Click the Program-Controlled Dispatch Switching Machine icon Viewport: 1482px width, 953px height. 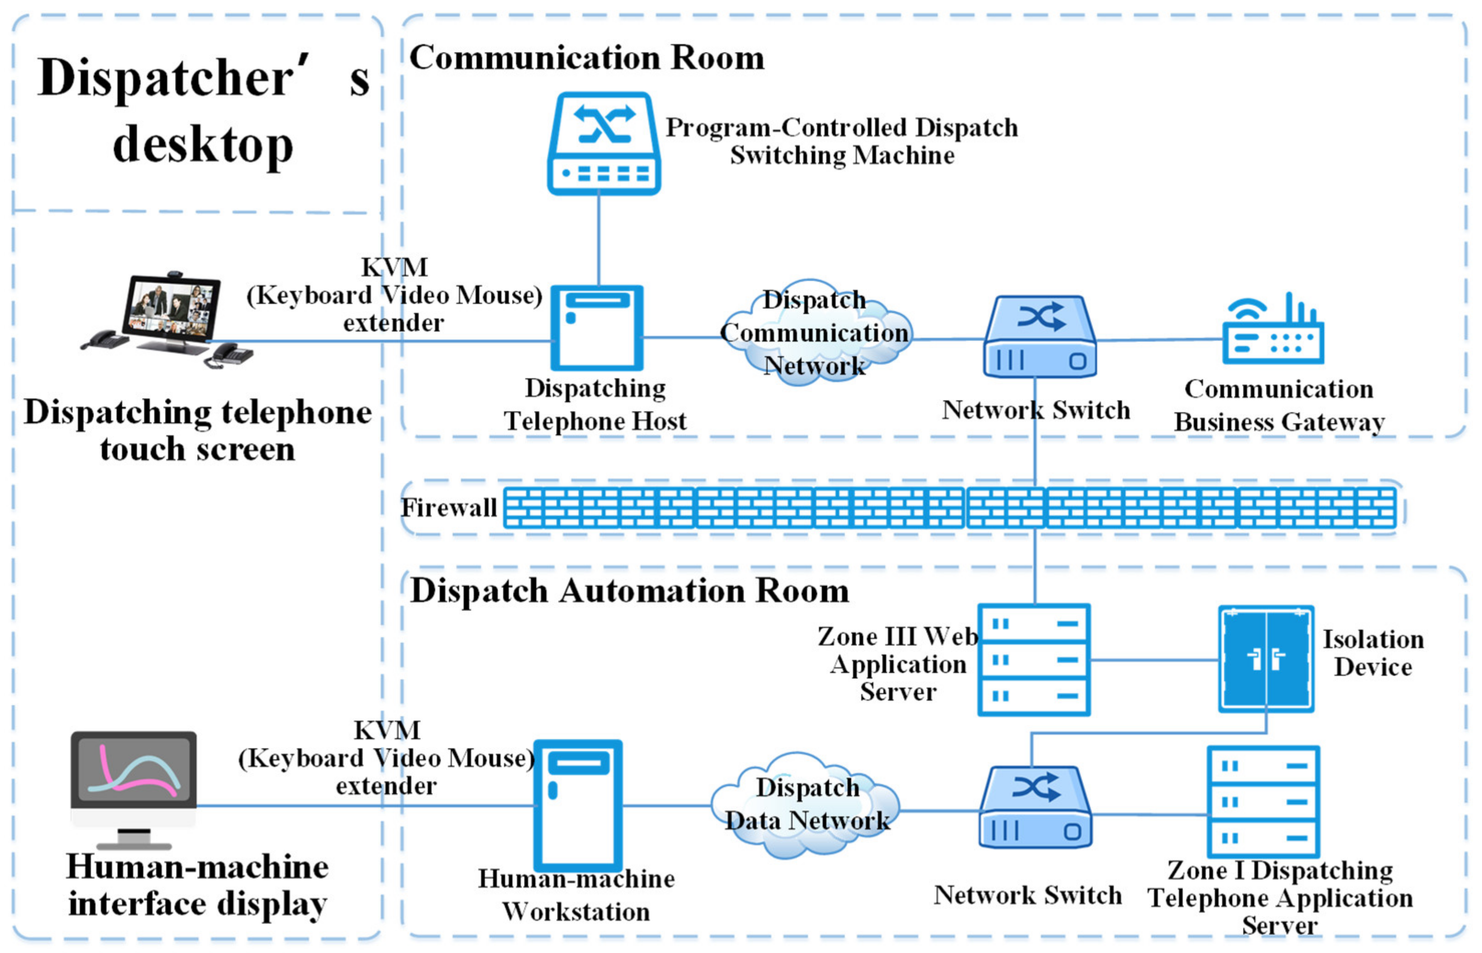pos(603,144)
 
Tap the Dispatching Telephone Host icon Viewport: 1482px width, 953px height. pos(596,327)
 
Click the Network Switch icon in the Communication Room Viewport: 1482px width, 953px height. pos(1039,337)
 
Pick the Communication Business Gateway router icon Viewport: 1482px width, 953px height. pos(1273,331)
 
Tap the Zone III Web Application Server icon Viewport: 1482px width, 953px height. pos(1033,660)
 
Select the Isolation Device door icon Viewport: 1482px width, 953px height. pos(1265,659)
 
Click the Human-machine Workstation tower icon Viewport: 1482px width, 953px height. pos(578,804)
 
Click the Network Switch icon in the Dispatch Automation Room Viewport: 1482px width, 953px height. pos(1035,807)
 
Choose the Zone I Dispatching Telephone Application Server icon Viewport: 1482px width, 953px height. pos(1263,802)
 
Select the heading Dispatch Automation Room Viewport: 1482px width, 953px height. pos(629,591)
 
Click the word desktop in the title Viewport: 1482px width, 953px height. pos(203,146)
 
